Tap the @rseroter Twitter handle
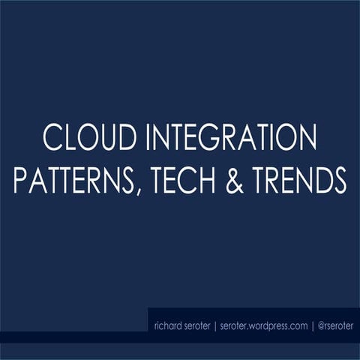coord(334,325)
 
